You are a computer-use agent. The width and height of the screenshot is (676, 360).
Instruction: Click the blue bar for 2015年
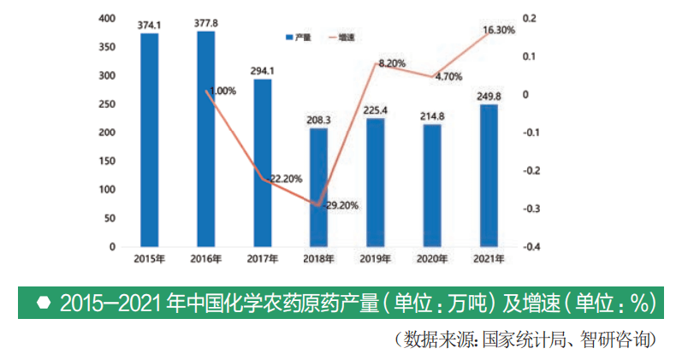150,140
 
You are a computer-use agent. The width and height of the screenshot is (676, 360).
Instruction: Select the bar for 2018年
318,187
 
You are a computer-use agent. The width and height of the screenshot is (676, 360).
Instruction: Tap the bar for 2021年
489,176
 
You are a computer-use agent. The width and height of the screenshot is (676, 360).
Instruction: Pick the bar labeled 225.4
375,183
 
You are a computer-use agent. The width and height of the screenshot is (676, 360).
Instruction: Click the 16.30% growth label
499,30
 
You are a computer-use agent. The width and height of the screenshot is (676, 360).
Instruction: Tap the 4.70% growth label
448,77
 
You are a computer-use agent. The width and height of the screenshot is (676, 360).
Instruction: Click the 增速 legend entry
341,38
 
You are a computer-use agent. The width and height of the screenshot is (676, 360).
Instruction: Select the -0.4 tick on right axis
532,247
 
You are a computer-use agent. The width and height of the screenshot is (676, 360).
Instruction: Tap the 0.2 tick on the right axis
530,19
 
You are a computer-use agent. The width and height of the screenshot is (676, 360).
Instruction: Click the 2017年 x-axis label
262,258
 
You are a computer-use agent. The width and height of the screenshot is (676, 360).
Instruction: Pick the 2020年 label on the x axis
432,258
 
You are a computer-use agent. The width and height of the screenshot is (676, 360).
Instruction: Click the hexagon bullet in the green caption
43,303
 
